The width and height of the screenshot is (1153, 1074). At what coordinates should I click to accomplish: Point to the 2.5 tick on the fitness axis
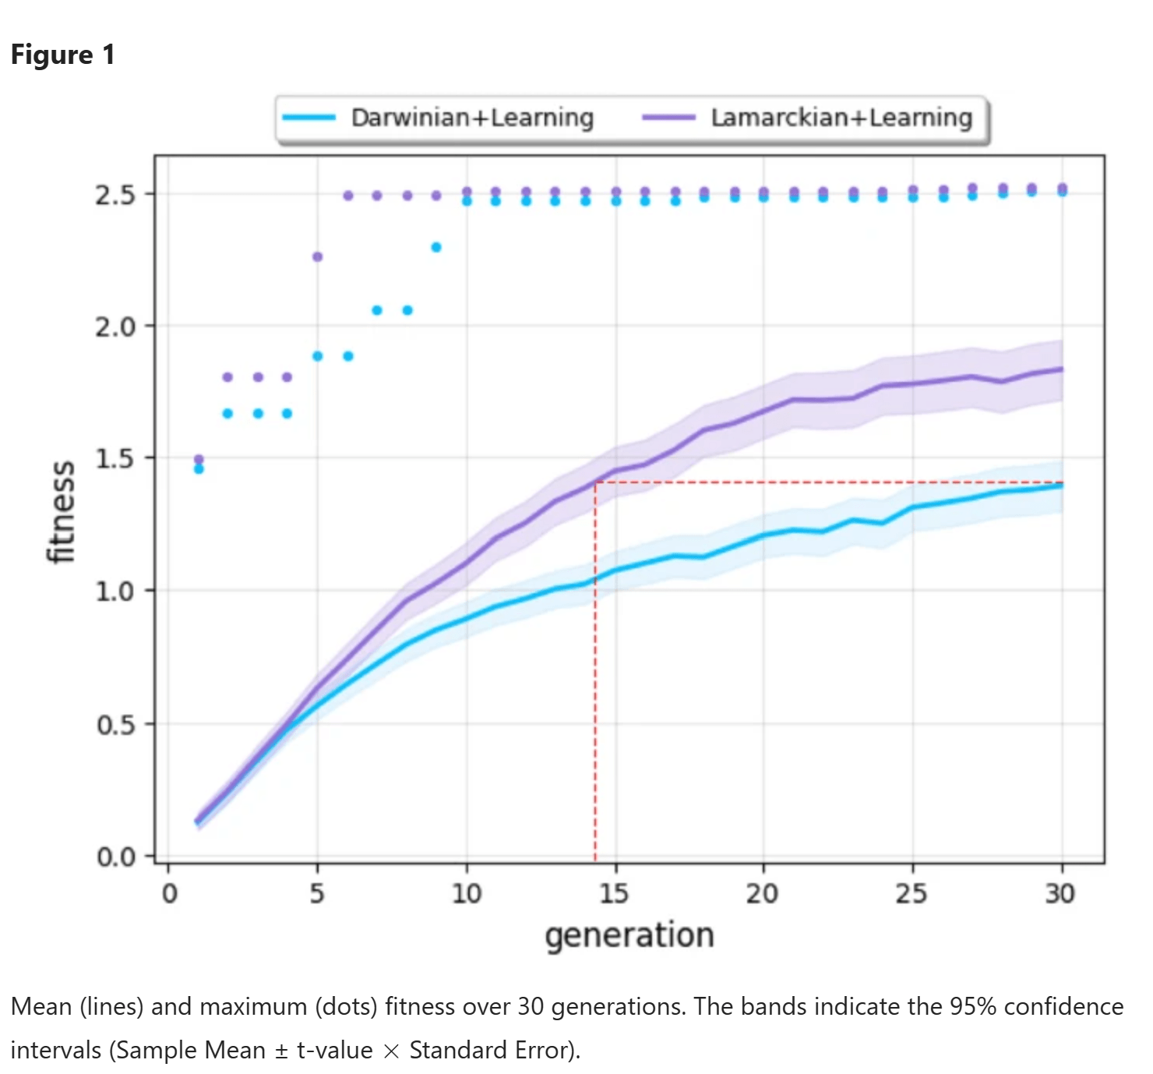pos(115,194)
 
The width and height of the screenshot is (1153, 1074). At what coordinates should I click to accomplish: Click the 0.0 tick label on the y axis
pos(115,857)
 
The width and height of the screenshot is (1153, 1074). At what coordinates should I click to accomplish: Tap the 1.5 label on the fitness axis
pos(115,458)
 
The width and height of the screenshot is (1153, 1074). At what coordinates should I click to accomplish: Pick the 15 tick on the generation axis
pos(615,893)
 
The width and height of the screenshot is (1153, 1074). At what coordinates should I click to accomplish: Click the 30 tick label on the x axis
pos(1060,893)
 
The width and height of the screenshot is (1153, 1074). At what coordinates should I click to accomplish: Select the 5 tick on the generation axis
pos(317,893)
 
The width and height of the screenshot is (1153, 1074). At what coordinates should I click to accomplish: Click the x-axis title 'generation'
pos(629,934)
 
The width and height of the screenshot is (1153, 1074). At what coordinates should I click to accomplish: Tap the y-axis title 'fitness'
pos(61,511)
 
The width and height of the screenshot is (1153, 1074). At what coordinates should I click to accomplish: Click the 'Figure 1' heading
pos(62,55)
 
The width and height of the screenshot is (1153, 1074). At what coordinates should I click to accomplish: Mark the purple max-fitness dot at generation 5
pos(317,256)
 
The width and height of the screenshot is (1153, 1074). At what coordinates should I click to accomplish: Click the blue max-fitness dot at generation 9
pos(436,247)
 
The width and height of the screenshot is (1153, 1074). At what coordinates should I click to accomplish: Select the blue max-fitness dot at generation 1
pos(199,469)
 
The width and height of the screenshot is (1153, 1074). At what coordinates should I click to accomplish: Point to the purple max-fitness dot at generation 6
pos(348,196)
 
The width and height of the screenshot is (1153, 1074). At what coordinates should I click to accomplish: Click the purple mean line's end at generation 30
pos(1062,369)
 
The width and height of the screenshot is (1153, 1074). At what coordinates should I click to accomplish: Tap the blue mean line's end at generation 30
pos(1062,486)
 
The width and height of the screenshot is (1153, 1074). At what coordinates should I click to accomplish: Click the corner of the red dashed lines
pos(595,482)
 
